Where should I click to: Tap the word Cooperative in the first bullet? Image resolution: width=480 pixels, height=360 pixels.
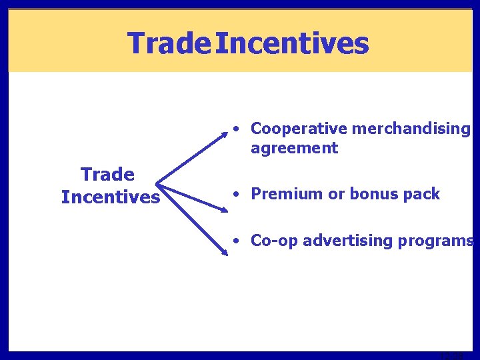299,129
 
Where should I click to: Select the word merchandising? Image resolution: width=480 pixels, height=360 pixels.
410,129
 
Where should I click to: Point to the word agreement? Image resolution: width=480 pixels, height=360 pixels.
294,148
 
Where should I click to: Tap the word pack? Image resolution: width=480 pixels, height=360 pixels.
421,194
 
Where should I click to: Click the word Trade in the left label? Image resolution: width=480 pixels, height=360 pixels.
107,175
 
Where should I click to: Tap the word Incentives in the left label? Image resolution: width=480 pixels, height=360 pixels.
111,197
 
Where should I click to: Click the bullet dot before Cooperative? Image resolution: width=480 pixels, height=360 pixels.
237,129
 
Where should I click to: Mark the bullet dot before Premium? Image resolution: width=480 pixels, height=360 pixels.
237,194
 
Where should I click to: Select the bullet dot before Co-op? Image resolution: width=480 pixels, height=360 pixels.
237,241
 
